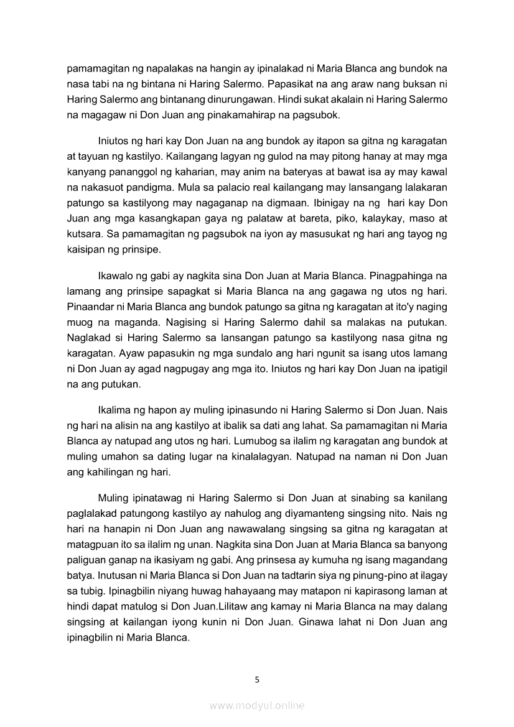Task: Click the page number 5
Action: (257, 679)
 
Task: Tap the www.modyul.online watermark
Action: (257, 705)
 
